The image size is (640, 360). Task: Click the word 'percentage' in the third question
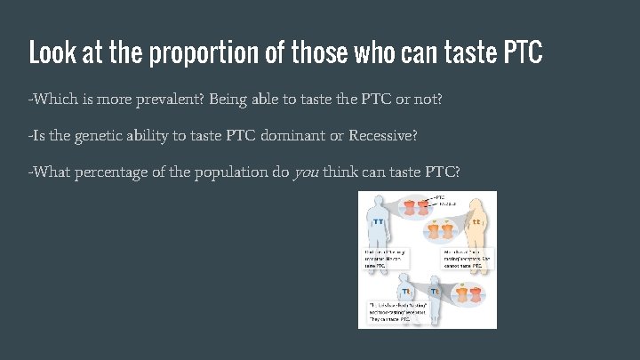tap(117, 172)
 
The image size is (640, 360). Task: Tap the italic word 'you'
tap(306, 172)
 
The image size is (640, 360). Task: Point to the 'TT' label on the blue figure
tap(379, 220)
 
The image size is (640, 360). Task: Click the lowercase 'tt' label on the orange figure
tap(477, 220)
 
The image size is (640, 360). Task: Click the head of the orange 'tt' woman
tap(475, 204)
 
